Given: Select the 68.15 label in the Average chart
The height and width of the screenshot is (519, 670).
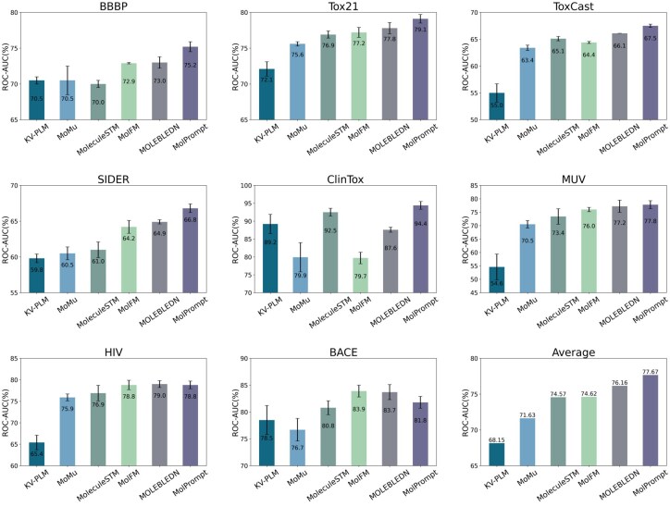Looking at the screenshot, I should click(497, 439).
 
